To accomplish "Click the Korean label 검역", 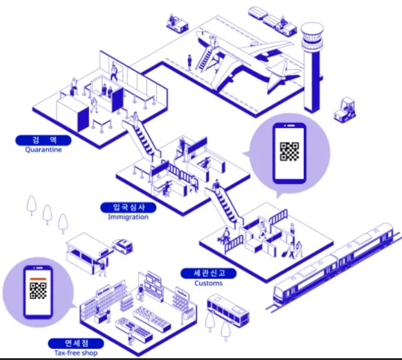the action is click(43, 141).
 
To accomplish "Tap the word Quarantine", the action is click(43, 150).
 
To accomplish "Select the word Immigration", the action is click(128, 217).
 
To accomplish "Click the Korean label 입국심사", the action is click(128, 207).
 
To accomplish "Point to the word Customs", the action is click(209, 283).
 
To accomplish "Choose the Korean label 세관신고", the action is click(209, 273).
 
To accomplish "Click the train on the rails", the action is click(334, 265).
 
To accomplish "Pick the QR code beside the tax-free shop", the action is click(39, 291).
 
